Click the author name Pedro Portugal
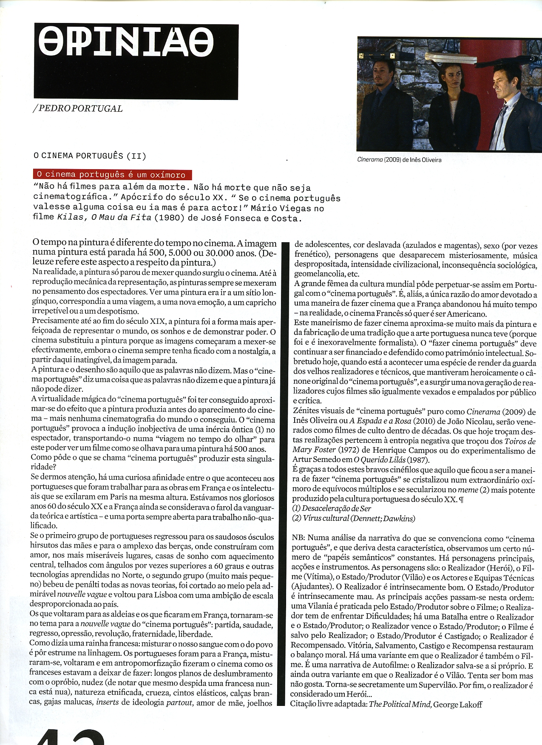pyautogui.click(x=78, y=109)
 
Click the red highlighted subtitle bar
pyautogui.click(x=112, y=175)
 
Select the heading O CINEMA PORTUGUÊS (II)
pyautogui.click(x=90, y=156)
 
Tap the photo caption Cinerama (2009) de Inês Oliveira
pyautogui.click(x=399, y=160)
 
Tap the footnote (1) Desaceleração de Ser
pyautogui.click(x=332, y=509)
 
